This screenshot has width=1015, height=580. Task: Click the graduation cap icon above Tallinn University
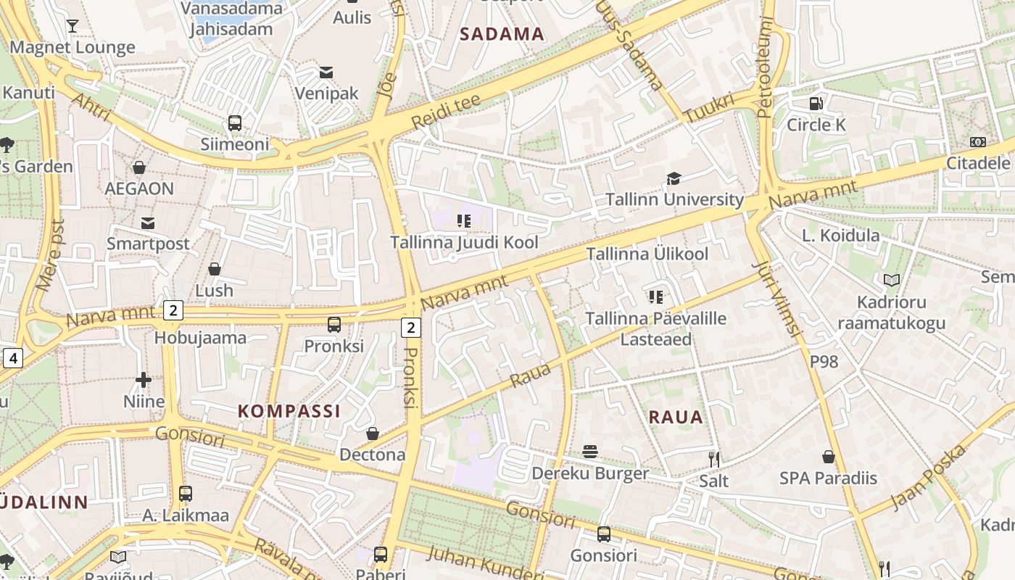point(674,178)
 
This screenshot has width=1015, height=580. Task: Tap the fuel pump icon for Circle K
point(816,104)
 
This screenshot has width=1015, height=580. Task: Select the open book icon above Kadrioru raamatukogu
point(891,280)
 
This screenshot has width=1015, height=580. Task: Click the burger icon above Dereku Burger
point(590,452)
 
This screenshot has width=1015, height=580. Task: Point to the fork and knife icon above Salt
point(714,458)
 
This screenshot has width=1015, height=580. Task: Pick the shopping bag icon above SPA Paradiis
point(828,457)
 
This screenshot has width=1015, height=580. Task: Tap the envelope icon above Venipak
point(326,72)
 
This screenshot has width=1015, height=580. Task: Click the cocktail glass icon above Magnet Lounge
point(72,26)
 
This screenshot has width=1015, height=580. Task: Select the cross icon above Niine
point(144,379)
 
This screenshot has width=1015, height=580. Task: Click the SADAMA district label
point(502,34)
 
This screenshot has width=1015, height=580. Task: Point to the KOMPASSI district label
point(289,411)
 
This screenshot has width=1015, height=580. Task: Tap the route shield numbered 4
point(12,357)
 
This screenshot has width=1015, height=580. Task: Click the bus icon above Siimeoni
point(235,123)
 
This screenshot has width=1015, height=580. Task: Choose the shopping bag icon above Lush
point(215,269)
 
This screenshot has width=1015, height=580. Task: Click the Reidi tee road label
point(445,112)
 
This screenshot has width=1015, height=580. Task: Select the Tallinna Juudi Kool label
point(464,242)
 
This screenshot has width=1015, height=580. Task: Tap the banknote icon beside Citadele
point(978,142)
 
